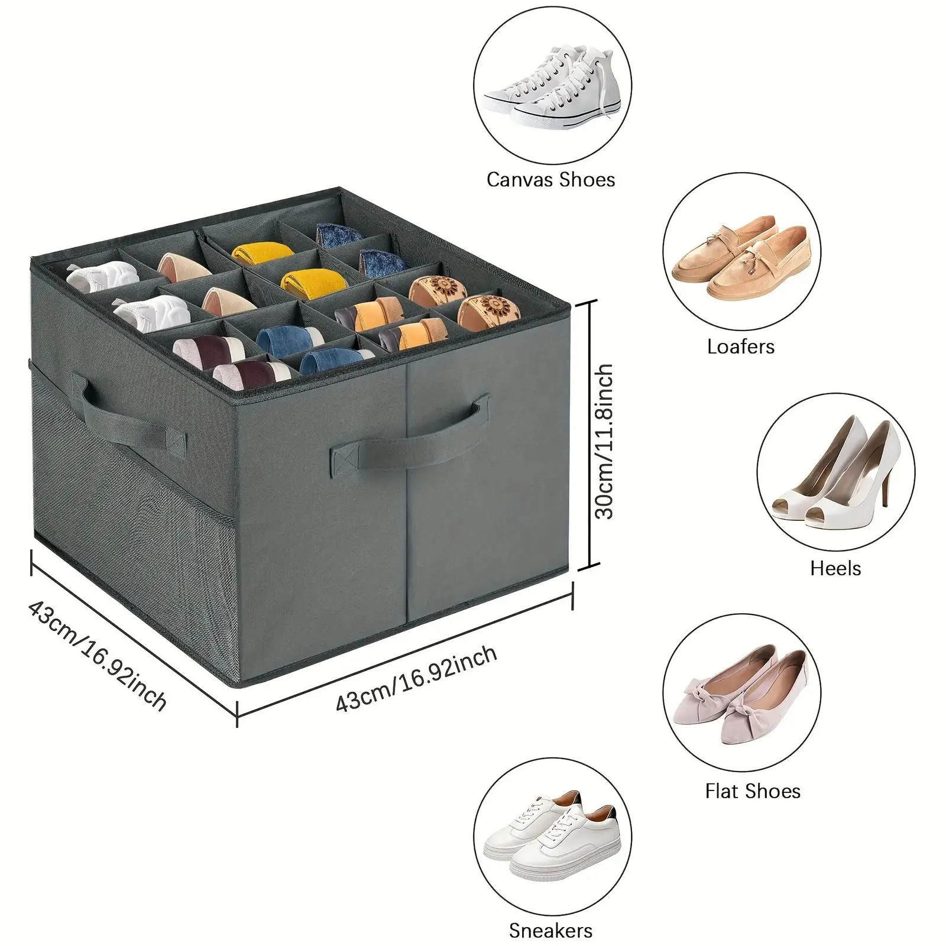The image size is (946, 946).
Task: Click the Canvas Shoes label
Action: point(550,180)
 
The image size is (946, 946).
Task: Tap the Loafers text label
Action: point(741,346)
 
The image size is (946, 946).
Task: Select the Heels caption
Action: point(835,569)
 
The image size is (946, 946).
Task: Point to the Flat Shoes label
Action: point(753,791)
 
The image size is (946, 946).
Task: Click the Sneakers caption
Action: point(550,931)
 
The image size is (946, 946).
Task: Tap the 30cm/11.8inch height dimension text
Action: point(604,442)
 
